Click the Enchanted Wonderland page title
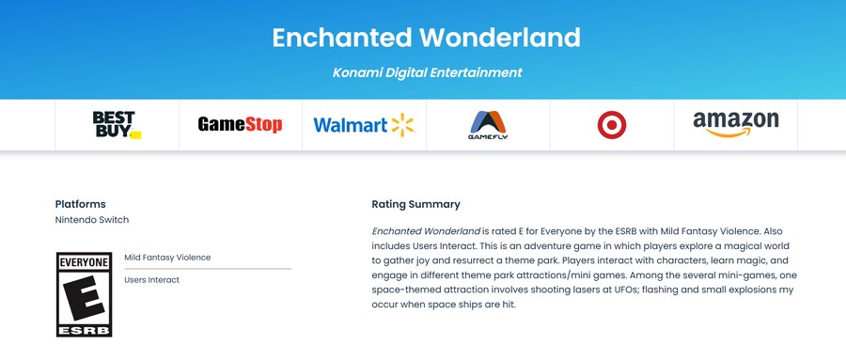(x=426, y=38)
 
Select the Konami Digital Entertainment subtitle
(x=428, y=72)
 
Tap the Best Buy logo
(x=117, y=125)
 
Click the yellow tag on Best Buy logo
(x=135, y=135)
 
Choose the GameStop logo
(x=240, y=125)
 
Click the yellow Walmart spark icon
(x=402, y=125)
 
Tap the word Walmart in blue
(x=351, y=125)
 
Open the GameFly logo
(x=488, y=125)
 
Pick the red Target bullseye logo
(x=612, y=125)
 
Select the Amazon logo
(x=736, y=124)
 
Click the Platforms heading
(x=81, y=204)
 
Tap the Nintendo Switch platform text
(x=92, y=220)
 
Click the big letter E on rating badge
(x=84, y=297)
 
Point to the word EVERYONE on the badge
(x=85, y=263)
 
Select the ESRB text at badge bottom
(x=85, y=330)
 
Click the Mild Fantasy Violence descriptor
(x=167, y=258)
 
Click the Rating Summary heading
(x=416, y=204)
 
